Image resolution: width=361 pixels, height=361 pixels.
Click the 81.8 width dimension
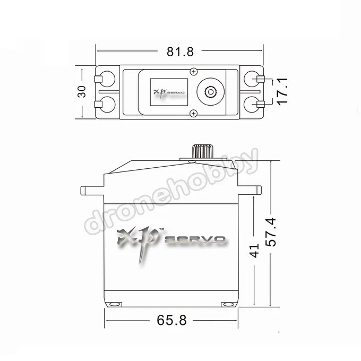[180, 52]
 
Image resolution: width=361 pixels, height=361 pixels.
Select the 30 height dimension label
[82, 91]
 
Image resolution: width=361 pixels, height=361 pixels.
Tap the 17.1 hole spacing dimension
[282, 92]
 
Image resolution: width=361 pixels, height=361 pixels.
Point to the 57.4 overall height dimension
[271, 232]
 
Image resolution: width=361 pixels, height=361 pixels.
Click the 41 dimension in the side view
[254, 251]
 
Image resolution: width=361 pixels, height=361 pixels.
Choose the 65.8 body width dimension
[171, 320]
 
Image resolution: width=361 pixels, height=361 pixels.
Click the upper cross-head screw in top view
[194, 72]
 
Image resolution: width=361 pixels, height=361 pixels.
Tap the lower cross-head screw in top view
[194, 113]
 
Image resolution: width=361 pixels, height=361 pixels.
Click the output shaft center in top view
[210, 92]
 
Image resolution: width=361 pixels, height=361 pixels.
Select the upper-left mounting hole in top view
[107, 79]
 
